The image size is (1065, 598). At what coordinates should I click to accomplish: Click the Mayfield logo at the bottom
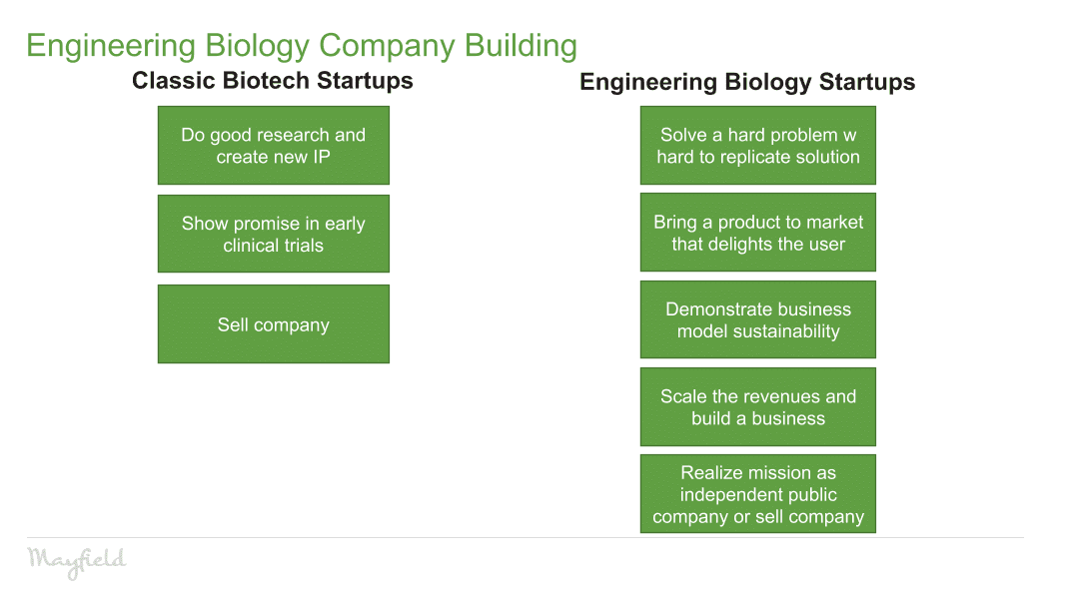(77, 560)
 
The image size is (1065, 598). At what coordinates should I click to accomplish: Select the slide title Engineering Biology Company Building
(301, 46)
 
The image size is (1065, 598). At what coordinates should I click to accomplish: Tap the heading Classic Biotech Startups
(272, 81)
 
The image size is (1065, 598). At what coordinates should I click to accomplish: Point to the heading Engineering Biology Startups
(747, 82)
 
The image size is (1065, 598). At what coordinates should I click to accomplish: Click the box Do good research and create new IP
(273, 146)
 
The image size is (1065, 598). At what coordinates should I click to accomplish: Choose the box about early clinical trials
(273, 234)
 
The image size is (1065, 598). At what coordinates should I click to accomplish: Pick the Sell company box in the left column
(273, 324)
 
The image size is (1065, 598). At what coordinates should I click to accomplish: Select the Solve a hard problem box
(757, 146)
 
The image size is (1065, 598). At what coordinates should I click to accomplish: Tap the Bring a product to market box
(757, 233)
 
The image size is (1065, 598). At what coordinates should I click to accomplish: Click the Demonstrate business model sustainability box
(757, 319)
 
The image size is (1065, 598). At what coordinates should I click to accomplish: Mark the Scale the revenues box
(757, 406)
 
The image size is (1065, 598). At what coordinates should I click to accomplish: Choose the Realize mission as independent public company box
(757, 494)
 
